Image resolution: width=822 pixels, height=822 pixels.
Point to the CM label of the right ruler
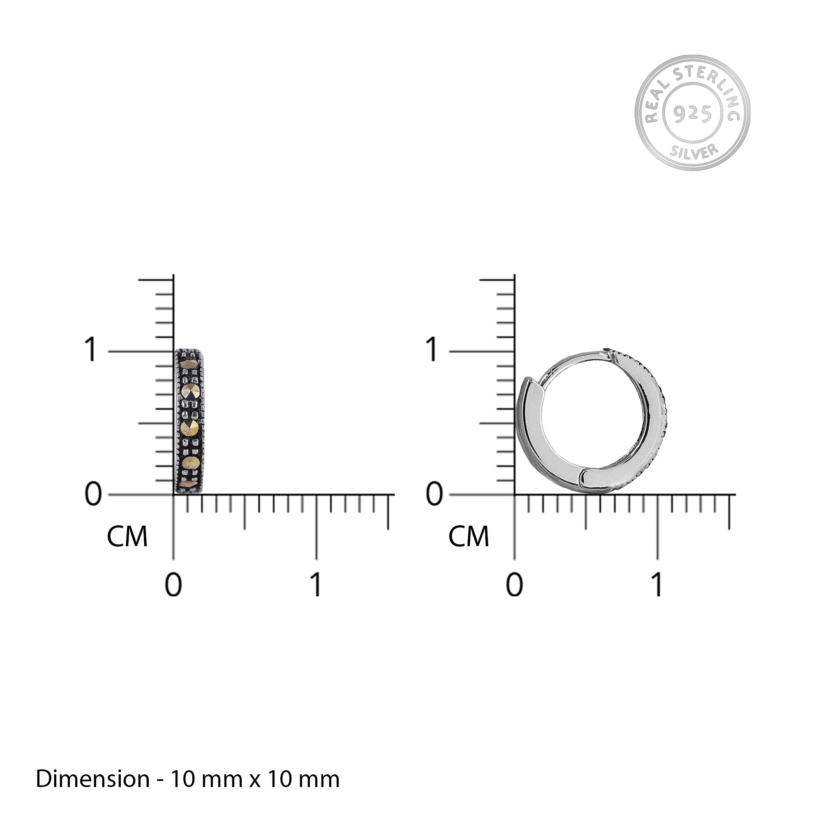coord(469,537)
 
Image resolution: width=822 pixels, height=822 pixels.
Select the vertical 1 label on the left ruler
coord(90,350)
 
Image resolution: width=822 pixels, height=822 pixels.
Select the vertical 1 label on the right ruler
coord(432,350)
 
